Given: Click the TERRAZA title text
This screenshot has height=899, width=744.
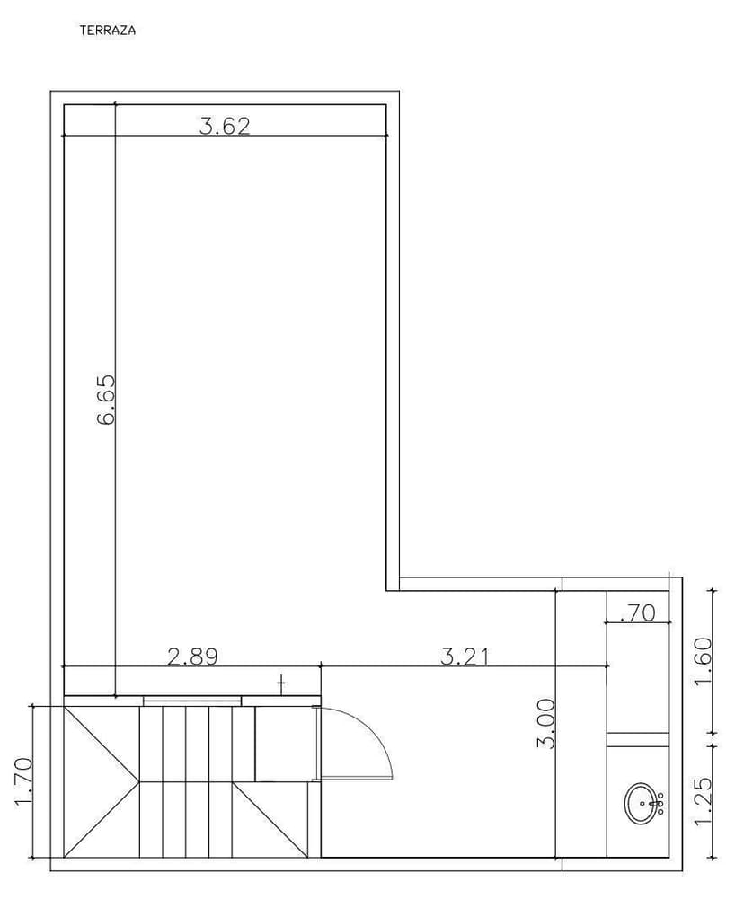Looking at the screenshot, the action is pos(108,31).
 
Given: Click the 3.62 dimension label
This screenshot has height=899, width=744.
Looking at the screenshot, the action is pos(225,126).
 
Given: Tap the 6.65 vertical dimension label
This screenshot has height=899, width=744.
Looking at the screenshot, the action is pos(107,400).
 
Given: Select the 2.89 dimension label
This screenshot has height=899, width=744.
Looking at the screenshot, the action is pos(193,657).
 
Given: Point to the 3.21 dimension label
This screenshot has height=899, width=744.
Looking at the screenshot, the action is pos(465,657).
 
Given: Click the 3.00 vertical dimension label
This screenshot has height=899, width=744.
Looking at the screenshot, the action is pos(546,723).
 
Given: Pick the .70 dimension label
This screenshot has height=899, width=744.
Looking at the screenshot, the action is pos(637,613).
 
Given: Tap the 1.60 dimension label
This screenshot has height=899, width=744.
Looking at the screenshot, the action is pos(703,662).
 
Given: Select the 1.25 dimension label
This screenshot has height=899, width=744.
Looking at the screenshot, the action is pos(703,801).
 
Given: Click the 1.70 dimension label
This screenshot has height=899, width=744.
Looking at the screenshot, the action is pos(23,781).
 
